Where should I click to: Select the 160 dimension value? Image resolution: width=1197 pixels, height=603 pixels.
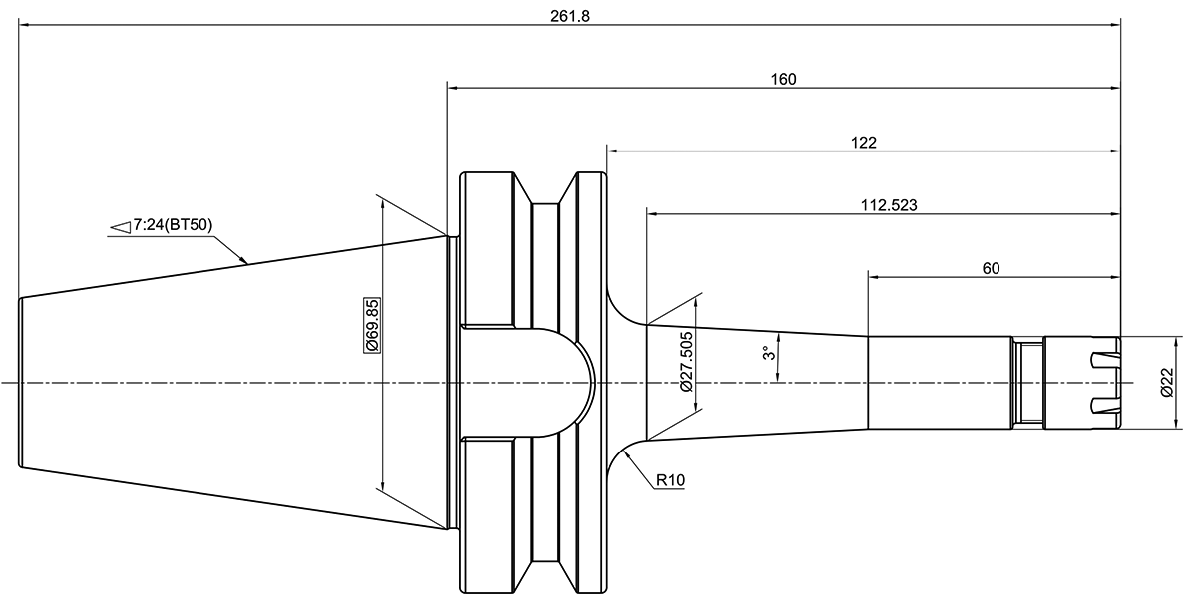coord(783,80)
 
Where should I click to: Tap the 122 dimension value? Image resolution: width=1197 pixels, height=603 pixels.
coord(864,143)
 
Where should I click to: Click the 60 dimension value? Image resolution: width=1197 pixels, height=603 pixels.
coord(991,268)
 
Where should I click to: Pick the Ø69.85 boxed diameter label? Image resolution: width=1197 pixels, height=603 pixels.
coord(371,324)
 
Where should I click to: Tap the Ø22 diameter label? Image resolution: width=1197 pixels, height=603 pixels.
coord(1167,383)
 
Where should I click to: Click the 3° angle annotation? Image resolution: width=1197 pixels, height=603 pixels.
coord(767,354)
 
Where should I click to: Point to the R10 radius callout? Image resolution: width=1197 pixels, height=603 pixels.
coord(670,481)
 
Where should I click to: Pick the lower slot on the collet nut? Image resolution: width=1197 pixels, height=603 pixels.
coord(1103,406)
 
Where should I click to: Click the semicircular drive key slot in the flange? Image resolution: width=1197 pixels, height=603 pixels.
coord(559,383)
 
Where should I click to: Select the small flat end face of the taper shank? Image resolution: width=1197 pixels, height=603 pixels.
coord(21,383)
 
